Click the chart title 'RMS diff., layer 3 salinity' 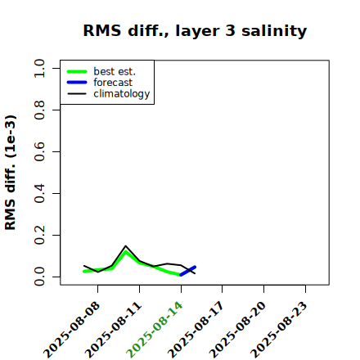pyautogui.click(x=195, y=30)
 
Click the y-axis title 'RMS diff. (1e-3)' pyautogui.click(x=11, y=173)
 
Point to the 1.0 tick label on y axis pyautogui.click(x=39, y=68)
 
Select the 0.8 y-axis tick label pyautogui.click(x=39, y=110)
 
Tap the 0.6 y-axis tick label pyautogui.click(x=39, y=151)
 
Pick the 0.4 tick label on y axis pyautogui.click(x=39, y=193)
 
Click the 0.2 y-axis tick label pyautogui.click(x=39, y=235)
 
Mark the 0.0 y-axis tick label pyautogui.click(x=39, y=277)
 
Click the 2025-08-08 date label pyautogui.click(x=71, y=330)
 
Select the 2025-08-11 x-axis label pyautogui.click(x=113, y=330)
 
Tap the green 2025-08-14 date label pyautogui.click(x=155, y=330)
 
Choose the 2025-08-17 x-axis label pyautogui.click(x=196, y=330)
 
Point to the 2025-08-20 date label pyautogui.click(x=237, y=330)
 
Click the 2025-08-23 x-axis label pyautogui.click(x=279, y=330)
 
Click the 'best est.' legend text pyautogui.click(x=115, y=71)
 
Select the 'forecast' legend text pyautogui.click(x=113, y=83)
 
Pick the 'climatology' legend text pyautogui.click(x=122, y=94)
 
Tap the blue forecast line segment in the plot pyautogui.click(x=188, y=271)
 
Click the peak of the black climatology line pyautogui.click(x=126, y=246)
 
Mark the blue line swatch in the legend pyautogui.click(x=77, y=83)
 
